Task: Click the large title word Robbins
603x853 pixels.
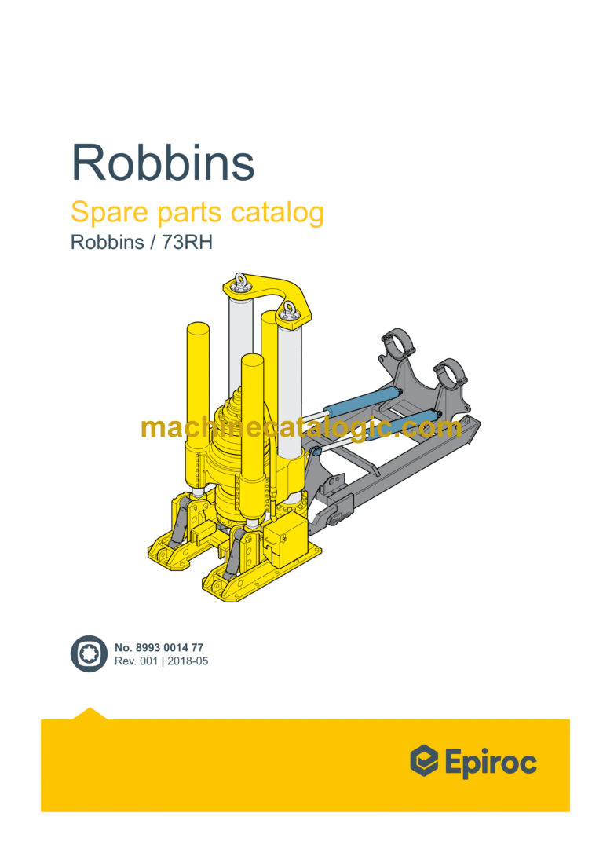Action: point(163,163)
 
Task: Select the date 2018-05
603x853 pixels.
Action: point(188,661)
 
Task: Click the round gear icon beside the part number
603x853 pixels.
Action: point(89,654)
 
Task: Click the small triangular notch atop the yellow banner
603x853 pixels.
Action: point(90,713)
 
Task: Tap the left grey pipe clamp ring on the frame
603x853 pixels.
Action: point(400,344)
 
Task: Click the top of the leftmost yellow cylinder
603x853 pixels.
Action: point(198,328)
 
